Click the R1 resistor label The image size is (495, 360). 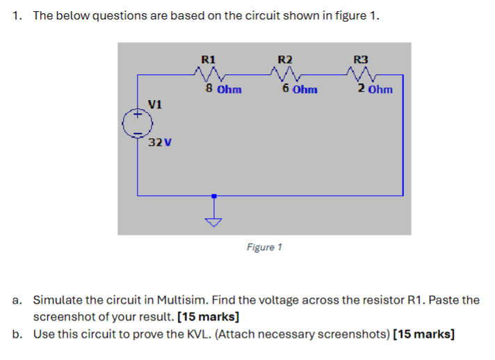click(x=208, y=58)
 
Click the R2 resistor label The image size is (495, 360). click(x=285, y=58)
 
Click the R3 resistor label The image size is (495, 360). click(x=362, y=58)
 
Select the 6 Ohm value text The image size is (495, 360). click(x=300, y=89)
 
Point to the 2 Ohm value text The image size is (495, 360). click(x=375, y=89)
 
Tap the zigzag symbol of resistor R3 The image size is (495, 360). click(x=362, y=74)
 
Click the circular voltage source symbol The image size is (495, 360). click(x=138, y=124)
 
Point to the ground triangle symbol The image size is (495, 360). click(x=214, y=222)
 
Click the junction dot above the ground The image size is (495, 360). click(x=214, y=197)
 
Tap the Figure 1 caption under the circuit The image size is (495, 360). click(x=264, y=247)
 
